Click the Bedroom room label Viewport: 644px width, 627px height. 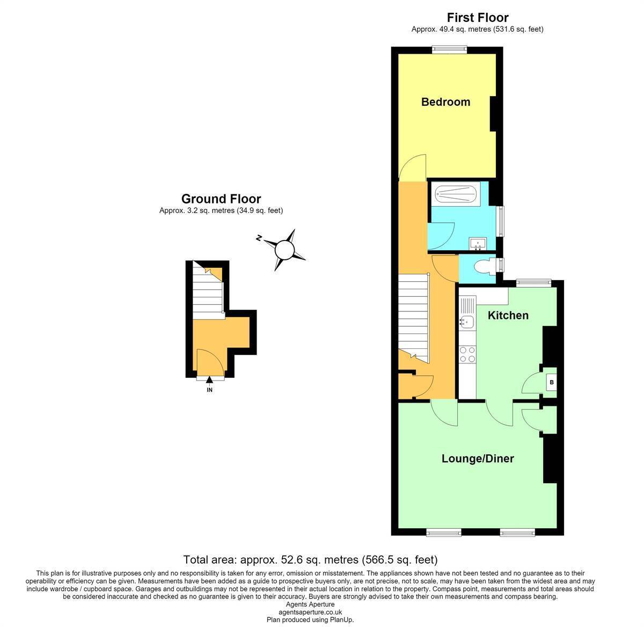click(445, 102)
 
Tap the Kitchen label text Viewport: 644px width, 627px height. click(508, 316)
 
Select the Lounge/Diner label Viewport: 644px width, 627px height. click(478, 458)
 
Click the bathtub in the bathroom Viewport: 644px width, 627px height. click(455, 193)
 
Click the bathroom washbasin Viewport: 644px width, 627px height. click(478, 244)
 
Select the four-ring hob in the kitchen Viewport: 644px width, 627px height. click(467, 354)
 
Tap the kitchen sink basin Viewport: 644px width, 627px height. click(466, 322)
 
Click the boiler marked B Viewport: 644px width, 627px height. click(551, 382)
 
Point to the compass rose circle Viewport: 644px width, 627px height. click(284, 250)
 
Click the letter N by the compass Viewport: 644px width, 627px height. click(259, 238)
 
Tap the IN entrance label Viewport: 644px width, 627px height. click(209, 390)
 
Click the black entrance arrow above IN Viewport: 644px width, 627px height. click(209, 380)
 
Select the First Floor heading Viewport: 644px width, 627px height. click(478, 17)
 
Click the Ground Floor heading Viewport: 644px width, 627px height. click(221, 199)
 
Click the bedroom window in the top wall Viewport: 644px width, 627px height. click(449, 50)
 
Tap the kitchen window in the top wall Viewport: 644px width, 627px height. click(533, 283)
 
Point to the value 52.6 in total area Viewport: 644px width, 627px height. click(292, 560)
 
